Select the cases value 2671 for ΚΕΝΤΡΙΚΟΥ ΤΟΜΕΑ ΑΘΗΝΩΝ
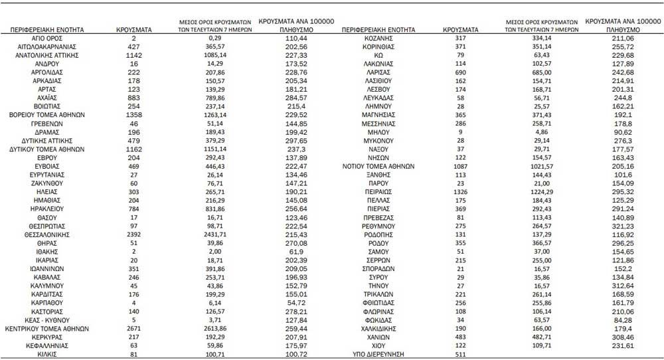(x=134, y=328)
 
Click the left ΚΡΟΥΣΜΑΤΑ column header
(x=134, y=31)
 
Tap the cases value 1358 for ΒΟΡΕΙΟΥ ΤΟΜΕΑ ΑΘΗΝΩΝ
(x=134, y=114)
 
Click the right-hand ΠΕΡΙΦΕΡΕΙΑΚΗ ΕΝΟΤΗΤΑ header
(x=379, y=31)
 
